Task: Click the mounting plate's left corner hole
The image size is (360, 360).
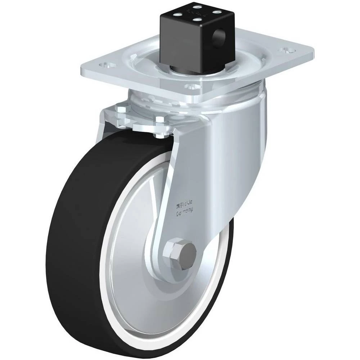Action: point(107,64)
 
